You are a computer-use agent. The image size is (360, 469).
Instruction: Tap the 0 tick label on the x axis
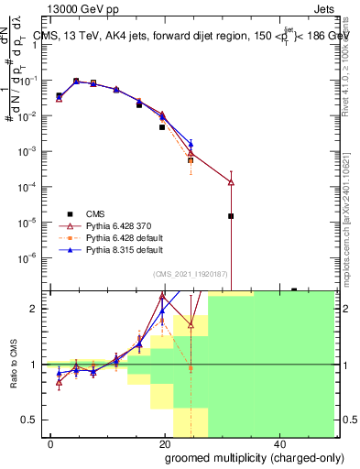[50, 442]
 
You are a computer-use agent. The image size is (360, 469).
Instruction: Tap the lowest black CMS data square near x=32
[231, 216]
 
